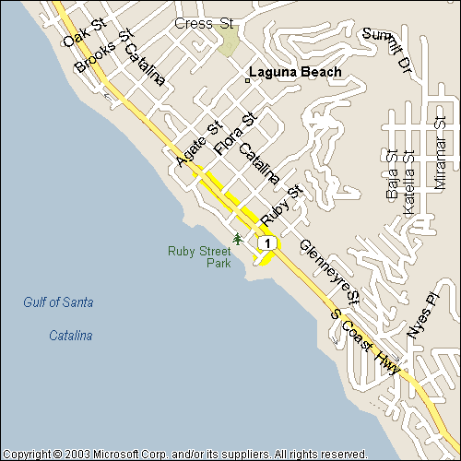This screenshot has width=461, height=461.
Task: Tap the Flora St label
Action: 234,134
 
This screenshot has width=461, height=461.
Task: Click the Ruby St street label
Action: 282,205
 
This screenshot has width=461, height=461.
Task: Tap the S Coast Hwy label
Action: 365,342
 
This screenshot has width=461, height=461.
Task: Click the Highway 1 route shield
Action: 267,242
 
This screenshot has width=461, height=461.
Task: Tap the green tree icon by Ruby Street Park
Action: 238,240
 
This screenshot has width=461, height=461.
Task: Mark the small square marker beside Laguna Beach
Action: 246,80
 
